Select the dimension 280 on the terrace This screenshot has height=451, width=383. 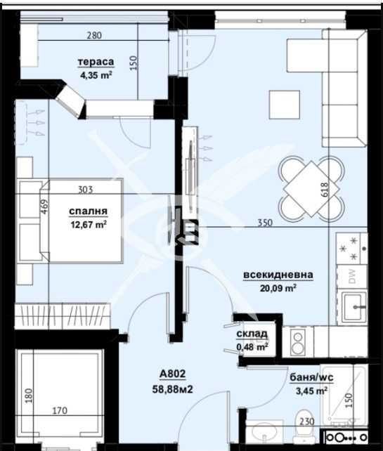(96, 35)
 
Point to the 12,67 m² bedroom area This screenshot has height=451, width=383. (88, 225)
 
